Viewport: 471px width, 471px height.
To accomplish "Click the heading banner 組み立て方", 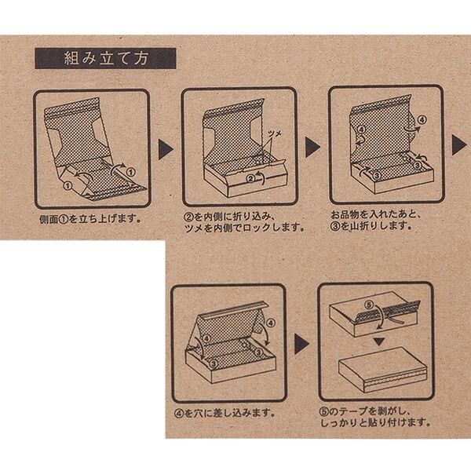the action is pyautogui.click(x=105, y=58).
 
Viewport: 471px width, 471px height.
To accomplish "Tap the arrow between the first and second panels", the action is pyautogui.click(x=166, y=149).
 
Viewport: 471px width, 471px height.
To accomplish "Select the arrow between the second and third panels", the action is pyautogui.click(x=312, y=148).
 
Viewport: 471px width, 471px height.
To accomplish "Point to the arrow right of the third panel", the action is pyautogui.click(x=459, y=145).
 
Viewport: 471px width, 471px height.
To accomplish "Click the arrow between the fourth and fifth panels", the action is pyautogui.click(x=301, y=344).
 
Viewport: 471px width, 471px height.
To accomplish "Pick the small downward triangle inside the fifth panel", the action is pyautogui.click(x=379, y=341).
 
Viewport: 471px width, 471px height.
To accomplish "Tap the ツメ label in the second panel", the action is pyautogui.click(x=274, y=134).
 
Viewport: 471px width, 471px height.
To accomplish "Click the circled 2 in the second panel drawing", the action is pyautogui.click(x=250, y=179).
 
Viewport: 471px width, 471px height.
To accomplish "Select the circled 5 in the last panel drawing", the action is pyautogui.click(x=369, y=305).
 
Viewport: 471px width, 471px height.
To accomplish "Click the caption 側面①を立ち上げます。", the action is pyautogui.click(x=90, y=219).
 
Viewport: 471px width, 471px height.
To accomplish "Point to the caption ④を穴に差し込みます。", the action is pyautogui.click(x=225, y=414).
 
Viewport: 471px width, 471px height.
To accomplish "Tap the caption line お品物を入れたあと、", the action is pyautogui.click(x=375, y=214).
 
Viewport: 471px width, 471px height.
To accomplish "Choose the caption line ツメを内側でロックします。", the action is pyautogui.click(x=244, y=228).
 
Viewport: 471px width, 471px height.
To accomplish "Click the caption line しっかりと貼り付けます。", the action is pyautogui.click(x=376, y=423).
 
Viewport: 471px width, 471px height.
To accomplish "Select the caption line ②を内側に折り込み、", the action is pyautogui.click(x=229, y=217).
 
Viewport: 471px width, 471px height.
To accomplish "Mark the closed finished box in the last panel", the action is pyautogui.click(x=383, y=370).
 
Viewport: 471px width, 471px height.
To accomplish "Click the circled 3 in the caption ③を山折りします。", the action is pyautogui.click(x=335, y=225).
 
